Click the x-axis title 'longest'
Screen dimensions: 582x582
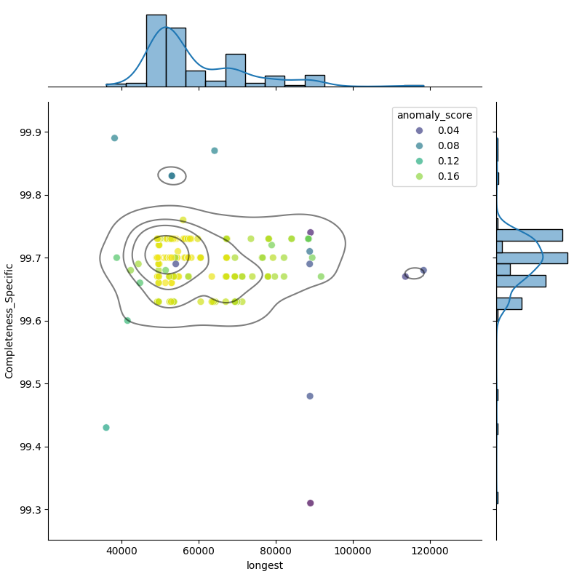pos(265,565)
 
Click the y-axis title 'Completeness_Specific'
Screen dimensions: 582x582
pos(9,321)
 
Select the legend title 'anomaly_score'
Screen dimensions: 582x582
pos(434,115)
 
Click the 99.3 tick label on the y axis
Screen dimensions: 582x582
pos(31,509)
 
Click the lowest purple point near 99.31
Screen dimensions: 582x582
pos(311,503)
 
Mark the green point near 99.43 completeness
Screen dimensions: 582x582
pos(106,428)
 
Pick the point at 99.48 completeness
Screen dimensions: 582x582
pos(310,396)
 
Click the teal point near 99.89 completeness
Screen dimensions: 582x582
pos(114,138)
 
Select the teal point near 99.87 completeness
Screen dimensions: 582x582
pos(215,151)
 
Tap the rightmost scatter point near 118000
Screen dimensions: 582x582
pos(423,271)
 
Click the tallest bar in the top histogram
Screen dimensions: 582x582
pos(156,51)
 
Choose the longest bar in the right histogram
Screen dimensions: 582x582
pos(532,258)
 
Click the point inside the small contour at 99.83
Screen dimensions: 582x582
pos(172,176)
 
